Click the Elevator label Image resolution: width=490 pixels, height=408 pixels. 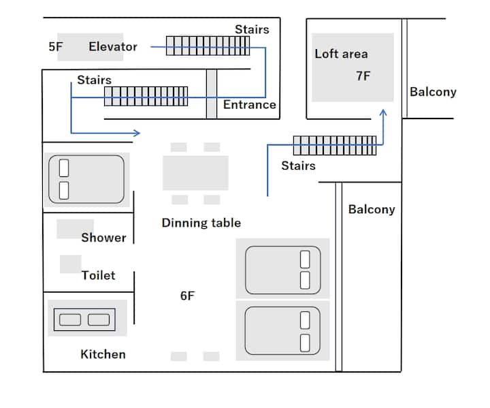[113, 46]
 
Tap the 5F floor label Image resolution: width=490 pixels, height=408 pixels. [56, 46]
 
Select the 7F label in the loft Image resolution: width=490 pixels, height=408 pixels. [363, 76]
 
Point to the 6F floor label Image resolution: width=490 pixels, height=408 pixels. [187, 296]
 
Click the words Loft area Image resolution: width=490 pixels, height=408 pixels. [341, 54]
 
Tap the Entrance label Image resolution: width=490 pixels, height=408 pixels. [249, 104]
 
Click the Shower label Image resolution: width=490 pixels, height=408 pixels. [103, 238]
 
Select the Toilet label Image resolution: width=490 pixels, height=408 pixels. [98, 275]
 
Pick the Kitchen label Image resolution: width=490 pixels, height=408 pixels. [103, 354]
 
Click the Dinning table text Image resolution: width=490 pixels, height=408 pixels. [201, 223]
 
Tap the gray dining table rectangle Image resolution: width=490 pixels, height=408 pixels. [195, 173]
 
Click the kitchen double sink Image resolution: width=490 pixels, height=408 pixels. [84, 319]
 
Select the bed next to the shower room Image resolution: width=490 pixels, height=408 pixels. [86, 179]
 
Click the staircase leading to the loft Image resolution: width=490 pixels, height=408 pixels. [335, 146]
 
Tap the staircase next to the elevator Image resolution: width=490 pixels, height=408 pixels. [208, 46]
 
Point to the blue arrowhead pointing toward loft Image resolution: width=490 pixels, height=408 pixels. [383, 112]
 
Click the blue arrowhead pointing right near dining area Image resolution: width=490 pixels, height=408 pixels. [137, 133]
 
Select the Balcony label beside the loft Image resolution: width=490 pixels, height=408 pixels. [433, 92]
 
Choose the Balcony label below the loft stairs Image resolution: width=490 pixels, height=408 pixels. [372, 209]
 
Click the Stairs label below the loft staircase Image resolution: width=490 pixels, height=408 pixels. [298, 166]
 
